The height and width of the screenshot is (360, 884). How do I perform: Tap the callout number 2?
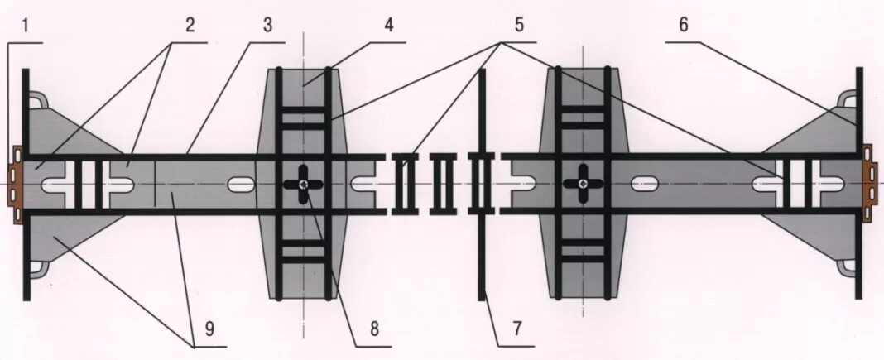[x=190, y=25]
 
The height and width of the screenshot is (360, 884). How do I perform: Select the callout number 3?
[x=267, y=25]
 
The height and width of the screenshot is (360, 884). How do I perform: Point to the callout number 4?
[x=388, y=25]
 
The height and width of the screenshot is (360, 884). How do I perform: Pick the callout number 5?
[x=519, y=25]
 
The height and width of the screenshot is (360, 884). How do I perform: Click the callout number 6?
[x=683, y=25]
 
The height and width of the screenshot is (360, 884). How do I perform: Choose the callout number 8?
[x=374, y=329]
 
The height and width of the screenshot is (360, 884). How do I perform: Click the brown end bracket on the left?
[x=15, y=184]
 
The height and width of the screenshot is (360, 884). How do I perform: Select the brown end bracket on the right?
[x=869, y=184]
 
